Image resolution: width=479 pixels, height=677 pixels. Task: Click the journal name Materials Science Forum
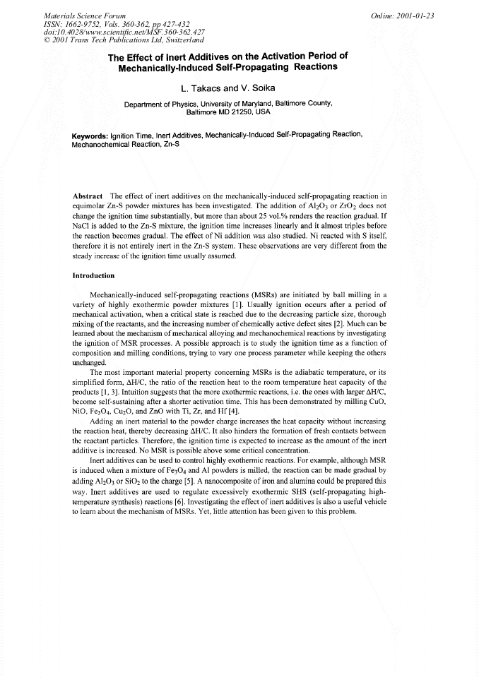77,15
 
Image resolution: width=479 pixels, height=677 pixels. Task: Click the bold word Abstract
88,196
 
